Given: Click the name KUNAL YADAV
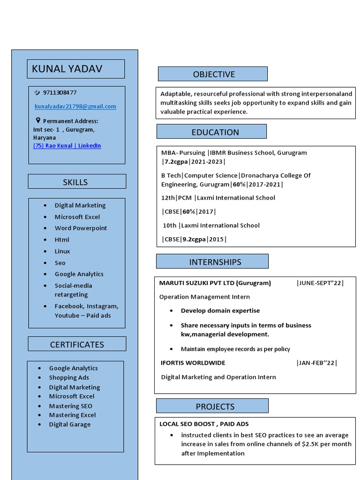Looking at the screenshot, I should [x=67, y=69].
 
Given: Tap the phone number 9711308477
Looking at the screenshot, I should [x=60, y=93].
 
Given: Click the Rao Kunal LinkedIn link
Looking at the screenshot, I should [x=67, y=146].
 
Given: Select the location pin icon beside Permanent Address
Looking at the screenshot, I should [x=38, y=120].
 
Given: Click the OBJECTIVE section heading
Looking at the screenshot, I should [x=213, y=74].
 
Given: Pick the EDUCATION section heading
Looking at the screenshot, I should [x=215, y=132].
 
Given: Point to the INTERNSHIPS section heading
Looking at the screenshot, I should [x=215, y=262].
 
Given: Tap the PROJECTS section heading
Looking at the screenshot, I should [x=215, y=406].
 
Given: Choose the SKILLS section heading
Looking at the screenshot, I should [x=75, y=182].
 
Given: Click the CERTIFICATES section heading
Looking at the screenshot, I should [x=77, y=345].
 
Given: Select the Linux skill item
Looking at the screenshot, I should [x=62, y=251].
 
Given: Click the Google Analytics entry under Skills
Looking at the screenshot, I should [x=79, y=274].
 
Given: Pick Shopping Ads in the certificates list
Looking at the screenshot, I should [x=69, y=378].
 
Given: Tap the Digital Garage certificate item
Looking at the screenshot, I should [x=70, y=425].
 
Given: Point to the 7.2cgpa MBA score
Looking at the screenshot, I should [x=176, y=162].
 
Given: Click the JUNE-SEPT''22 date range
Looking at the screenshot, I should [x=320, y=283].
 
